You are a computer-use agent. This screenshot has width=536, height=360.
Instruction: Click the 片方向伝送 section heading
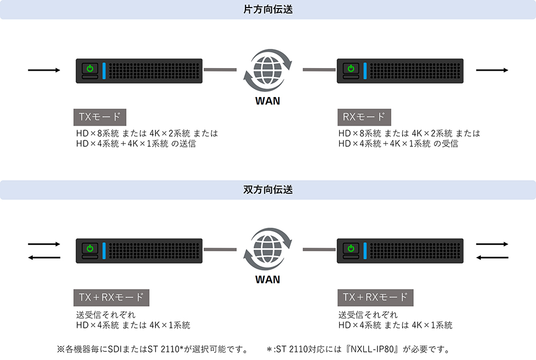(267, 10)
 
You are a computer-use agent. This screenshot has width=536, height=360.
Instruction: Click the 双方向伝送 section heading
(267, 190)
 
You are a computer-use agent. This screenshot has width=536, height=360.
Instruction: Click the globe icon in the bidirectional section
(267, 249)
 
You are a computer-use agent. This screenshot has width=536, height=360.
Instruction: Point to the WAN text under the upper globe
(267, 100)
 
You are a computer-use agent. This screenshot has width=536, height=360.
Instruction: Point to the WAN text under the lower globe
(267, 279)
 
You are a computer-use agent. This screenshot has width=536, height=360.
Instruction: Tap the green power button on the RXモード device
(351, 69)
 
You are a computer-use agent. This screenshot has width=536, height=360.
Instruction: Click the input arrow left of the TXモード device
(44, 70)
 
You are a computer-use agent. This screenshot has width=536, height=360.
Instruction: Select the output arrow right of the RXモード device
(492, 70)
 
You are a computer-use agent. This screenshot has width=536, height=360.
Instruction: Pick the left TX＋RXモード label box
(111, 297)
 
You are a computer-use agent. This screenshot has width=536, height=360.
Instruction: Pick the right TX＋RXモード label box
(375, 297)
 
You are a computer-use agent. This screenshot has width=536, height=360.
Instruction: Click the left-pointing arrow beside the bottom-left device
(44, 258)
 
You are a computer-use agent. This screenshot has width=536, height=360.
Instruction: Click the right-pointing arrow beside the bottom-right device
(492, 244)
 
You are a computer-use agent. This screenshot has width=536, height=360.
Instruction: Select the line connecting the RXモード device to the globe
(319, 69)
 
